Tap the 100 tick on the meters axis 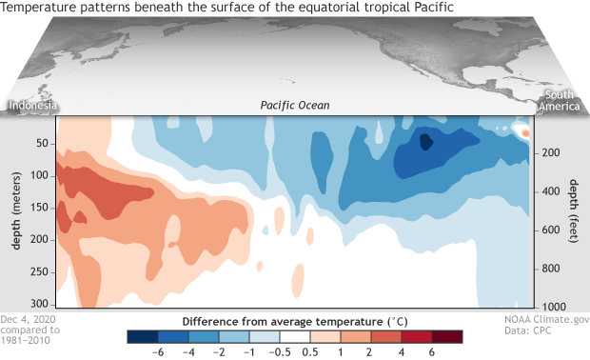[41, 176]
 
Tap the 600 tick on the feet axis [549, 229]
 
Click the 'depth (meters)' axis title [17, 210]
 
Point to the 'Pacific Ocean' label [295, 105]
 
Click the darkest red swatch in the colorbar [439, 336]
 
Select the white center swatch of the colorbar [290, 336]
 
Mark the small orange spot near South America [522, 132]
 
